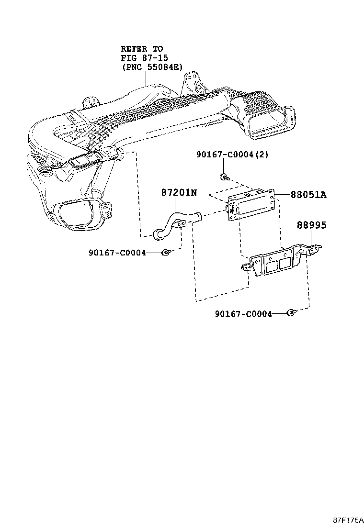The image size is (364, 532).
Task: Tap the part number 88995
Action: (x=311, y=224)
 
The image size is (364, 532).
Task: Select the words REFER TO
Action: (x=141, y=49)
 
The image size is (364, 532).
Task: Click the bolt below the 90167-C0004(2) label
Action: (x=224, y=177)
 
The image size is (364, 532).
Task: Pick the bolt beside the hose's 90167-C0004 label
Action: (x=166, y=252)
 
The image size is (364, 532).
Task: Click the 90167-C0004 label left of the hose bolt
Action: (x=117, y=252)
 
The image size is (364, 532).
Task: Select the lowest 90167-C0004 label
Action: (x=243, y=314)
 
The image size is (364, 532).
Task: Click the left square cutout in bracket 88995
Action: (x=272, y=266)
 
